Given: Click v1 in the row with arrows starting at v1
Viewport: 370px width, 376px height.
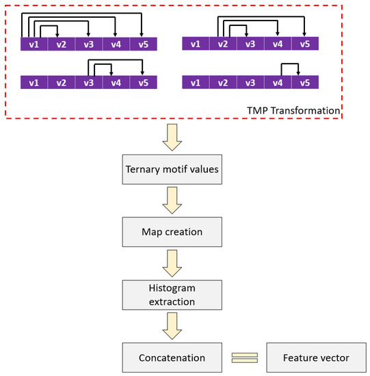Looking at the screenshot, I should [34, 44].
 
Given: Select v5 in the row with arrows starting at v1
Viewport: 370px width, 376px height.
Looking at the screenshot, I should [143, 44].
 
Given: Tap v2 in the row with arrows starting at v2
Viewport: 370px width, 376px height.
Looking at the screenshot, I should [222, 44].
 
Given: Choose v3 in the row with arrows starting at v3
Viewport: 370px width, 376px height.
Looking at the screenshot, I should [88, 83].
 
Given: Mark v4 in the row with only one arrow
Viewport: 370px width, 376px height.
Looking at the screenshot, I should [277, 83].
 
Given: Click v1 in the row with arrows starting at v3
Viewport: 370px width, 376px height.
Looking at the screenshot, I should [34, 83].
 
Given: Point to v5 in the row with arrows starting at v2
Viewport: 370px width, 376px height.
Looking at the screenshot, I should [304, 44].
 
